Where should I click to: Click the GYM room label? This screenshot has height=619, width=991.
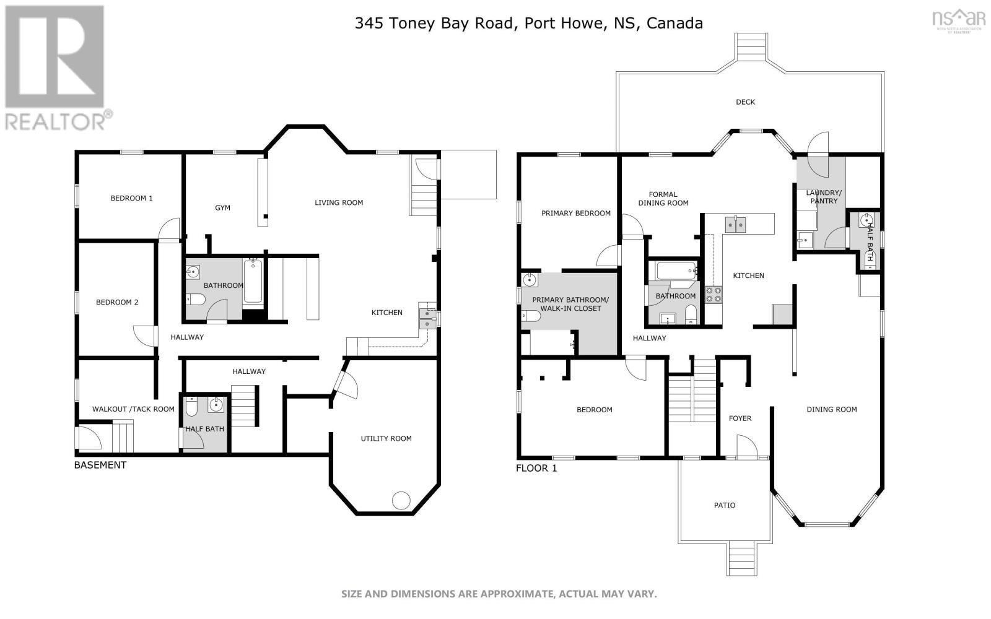coord(222,208)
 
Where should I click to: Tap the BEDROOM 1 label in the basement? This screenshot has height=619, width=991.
coord(131,198)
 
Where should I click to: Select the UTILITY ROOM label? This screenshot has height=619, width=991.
coord(386,438)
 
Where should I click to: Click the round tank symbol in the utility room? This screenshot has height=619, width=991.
coord(401,500)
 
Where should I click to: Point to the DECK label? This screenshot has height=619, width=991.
coord(745,102)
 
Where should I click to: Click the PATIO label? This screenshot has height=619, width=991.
coord(724,505)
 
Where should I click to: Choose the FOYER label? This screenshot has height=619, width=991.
coord(740,418)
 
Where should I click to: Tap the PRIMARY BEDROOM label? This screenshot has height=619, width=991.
coord(575,213)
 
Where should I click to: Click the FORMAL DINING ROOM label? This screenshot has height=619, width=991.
coord(663,199)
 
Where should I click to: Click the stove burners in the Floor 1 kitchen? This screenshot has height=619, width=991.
coord(713,294)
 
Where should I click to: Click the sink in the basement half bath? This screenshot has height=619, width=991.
coord(216,405)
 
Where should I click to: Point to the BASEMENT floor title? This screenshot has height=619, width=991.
coord(100,465)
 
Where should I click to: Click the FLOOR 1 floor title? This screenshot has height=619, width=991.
coord(536,468)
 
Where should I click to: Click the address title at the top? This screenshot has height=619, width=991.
coord(528,24)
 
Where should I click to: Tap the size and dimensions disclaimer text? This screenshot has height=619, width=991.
coord(499,594)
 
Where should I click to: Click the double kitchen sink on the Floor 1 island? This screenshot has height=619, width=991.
coord(735,224)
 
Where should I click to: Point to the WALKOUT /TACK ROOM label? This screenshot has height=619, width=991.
coord(133,409)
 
